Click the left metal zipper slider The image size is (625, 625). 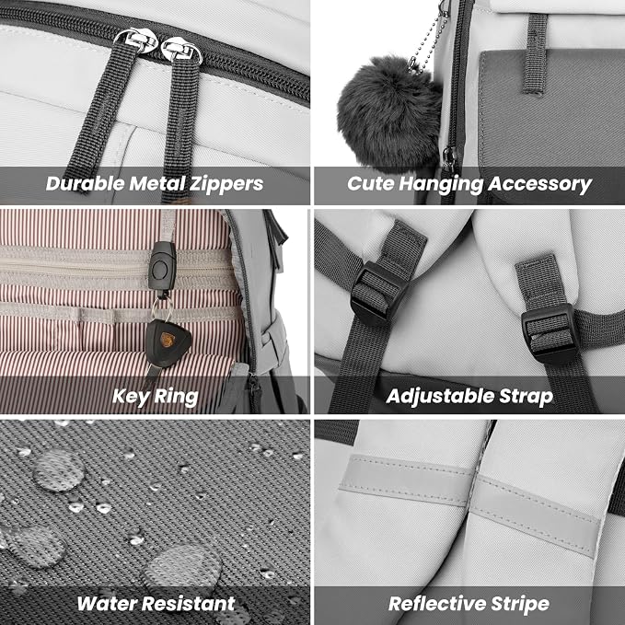135,41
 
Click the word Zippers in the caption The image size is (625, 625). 226,184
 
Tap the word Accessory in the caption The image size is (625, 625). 539,184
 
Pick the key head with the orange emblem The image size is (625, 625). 168,342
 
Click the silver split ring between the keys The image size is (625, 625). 161,308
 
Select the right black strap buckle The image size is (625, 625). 550,333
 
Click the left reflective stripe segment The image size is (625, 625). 406,480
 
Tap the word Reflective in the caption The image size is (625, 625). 437,604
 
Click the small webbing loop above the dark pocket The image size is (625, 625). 536,54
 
